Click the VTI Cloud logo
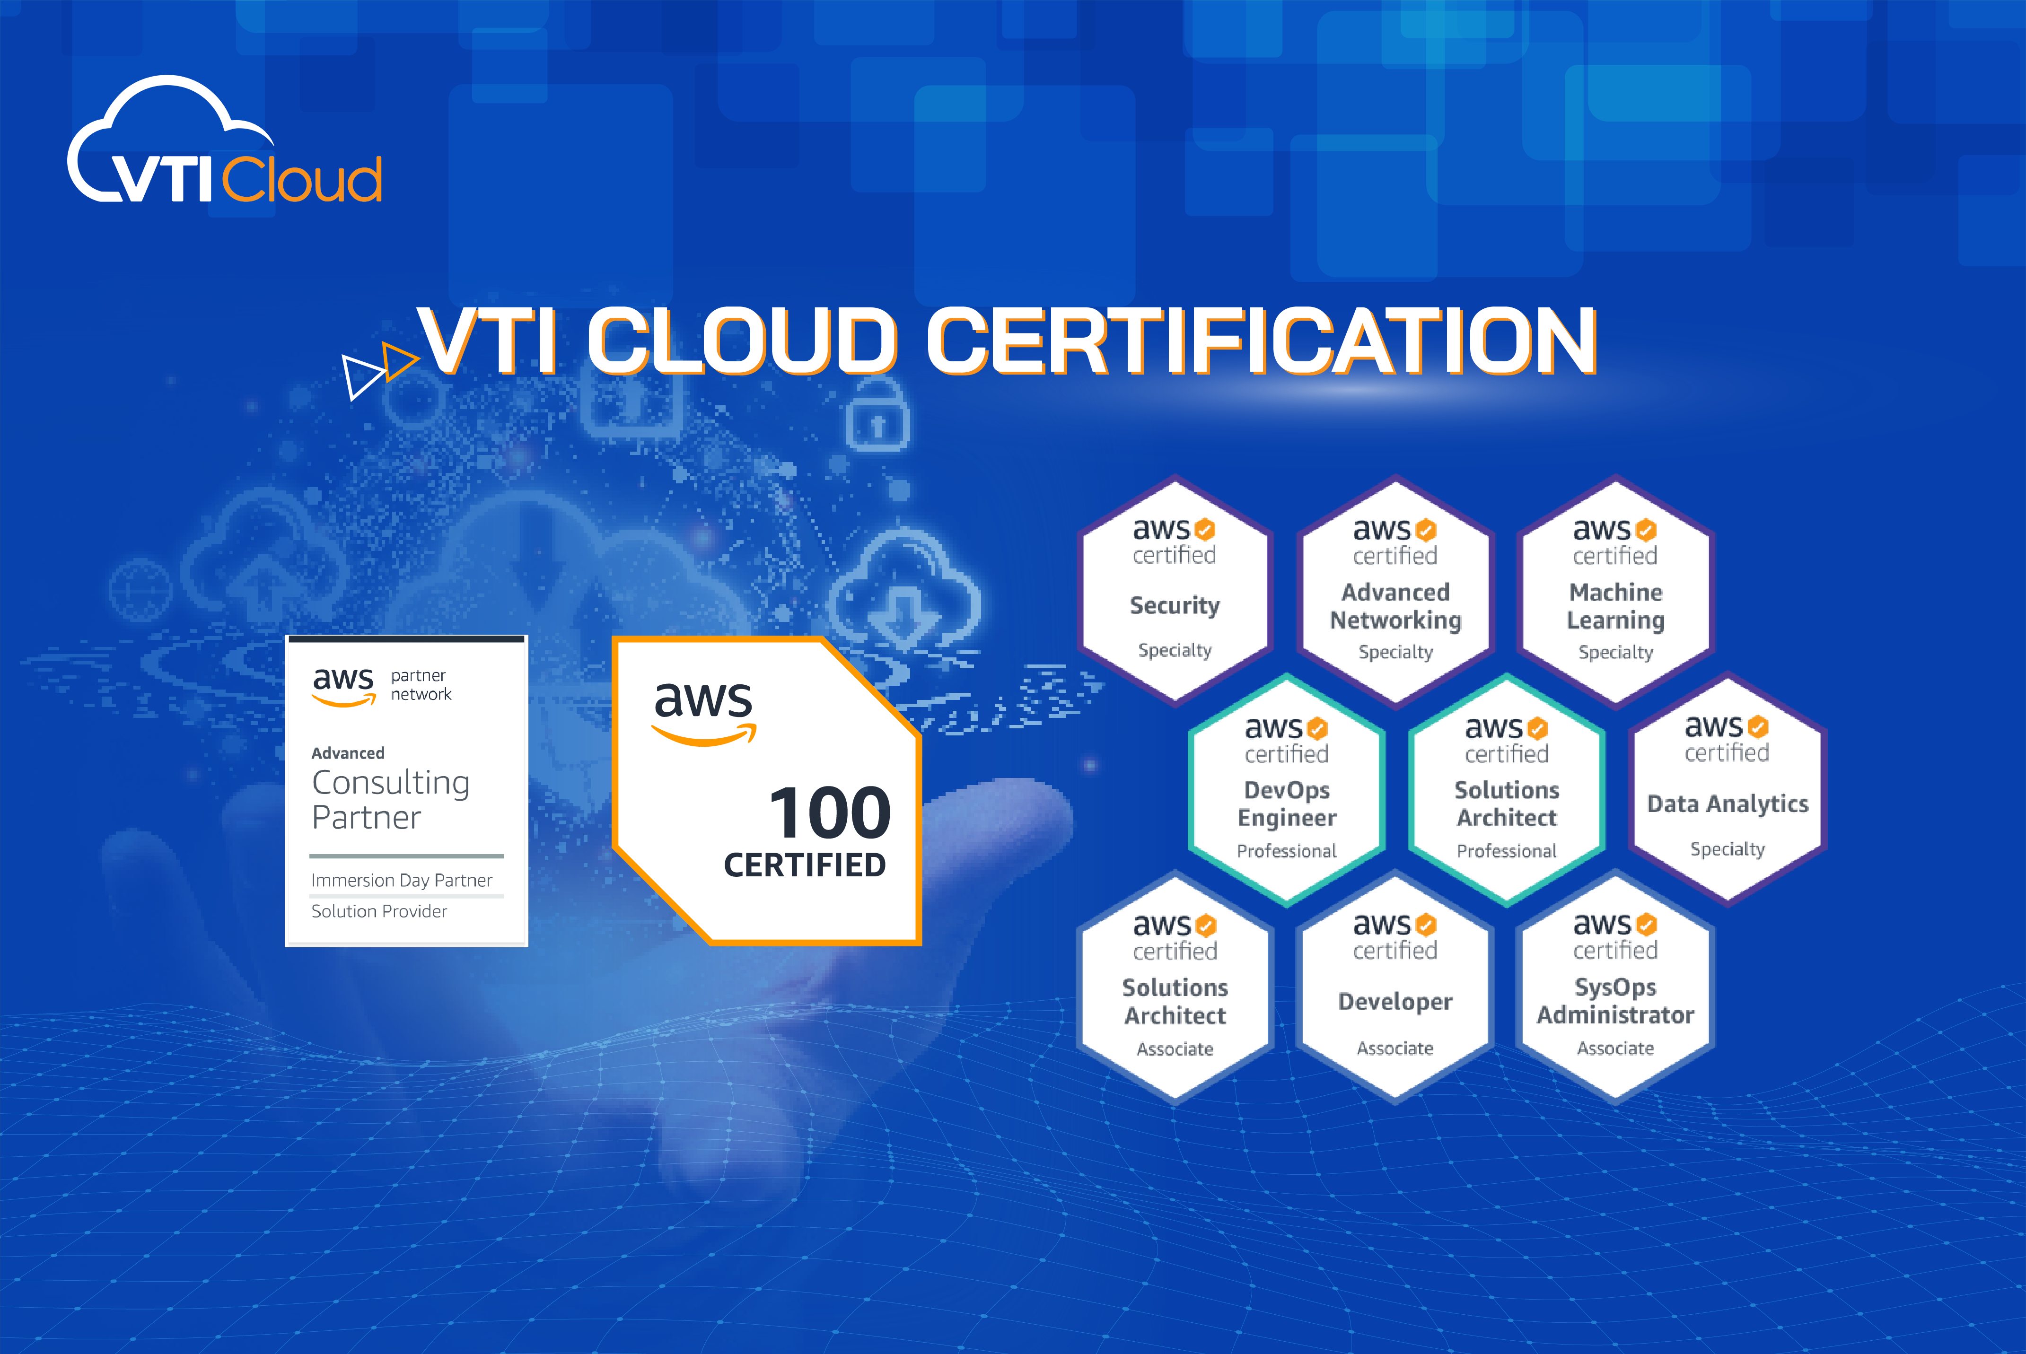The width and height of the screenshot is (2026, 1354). coord(225,142)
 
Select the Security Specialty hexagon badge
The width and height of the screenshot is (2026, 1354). coord(1175,592)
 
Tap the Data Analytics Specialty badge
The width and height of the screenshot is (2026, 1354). coord(1727,790)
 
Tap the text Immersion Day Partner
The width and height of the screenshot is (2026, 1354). coord(402,880)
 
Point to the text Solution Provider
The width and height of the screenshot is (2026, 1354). coord(379,911)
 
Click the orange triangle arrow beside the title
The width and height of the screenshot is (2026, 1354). coord(398,361)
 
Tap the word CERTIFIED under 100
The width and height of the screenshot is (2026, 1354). coord(805,865)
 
